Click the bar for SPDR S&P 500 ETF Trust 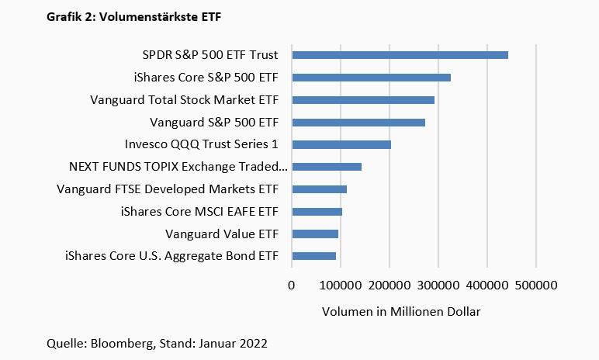point(400,55)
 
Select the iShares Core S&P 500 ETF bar point(371,78)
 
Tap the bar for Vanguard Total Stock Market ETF point(363,100)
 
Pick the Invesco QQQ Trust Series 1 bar point(341,144)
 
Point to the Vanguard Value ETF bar point(315,234)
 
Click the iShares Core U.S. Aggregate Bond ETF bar point(313,256)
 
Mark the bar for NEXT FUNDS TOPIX point(327,167)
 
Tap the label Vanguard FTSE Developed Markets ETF point(173,189)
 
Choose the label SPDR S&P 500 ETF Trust point(209,55)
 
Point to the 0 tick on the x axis point(292,285)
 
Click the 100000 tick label point(340,285)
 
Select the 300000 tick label point(438,285)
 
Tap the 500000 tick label point(536,285)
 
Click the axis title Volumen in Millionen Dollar point(401,312)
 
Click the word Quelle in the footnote point(65,342)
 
